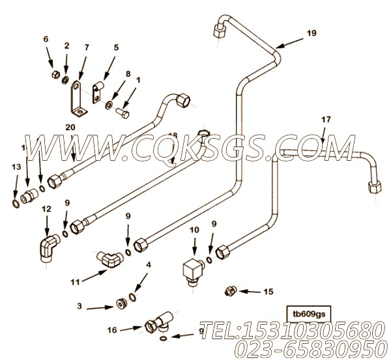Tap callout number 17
pos(326,120)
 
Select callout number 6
pos(46,38)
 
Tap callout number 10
pos(194,230)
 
